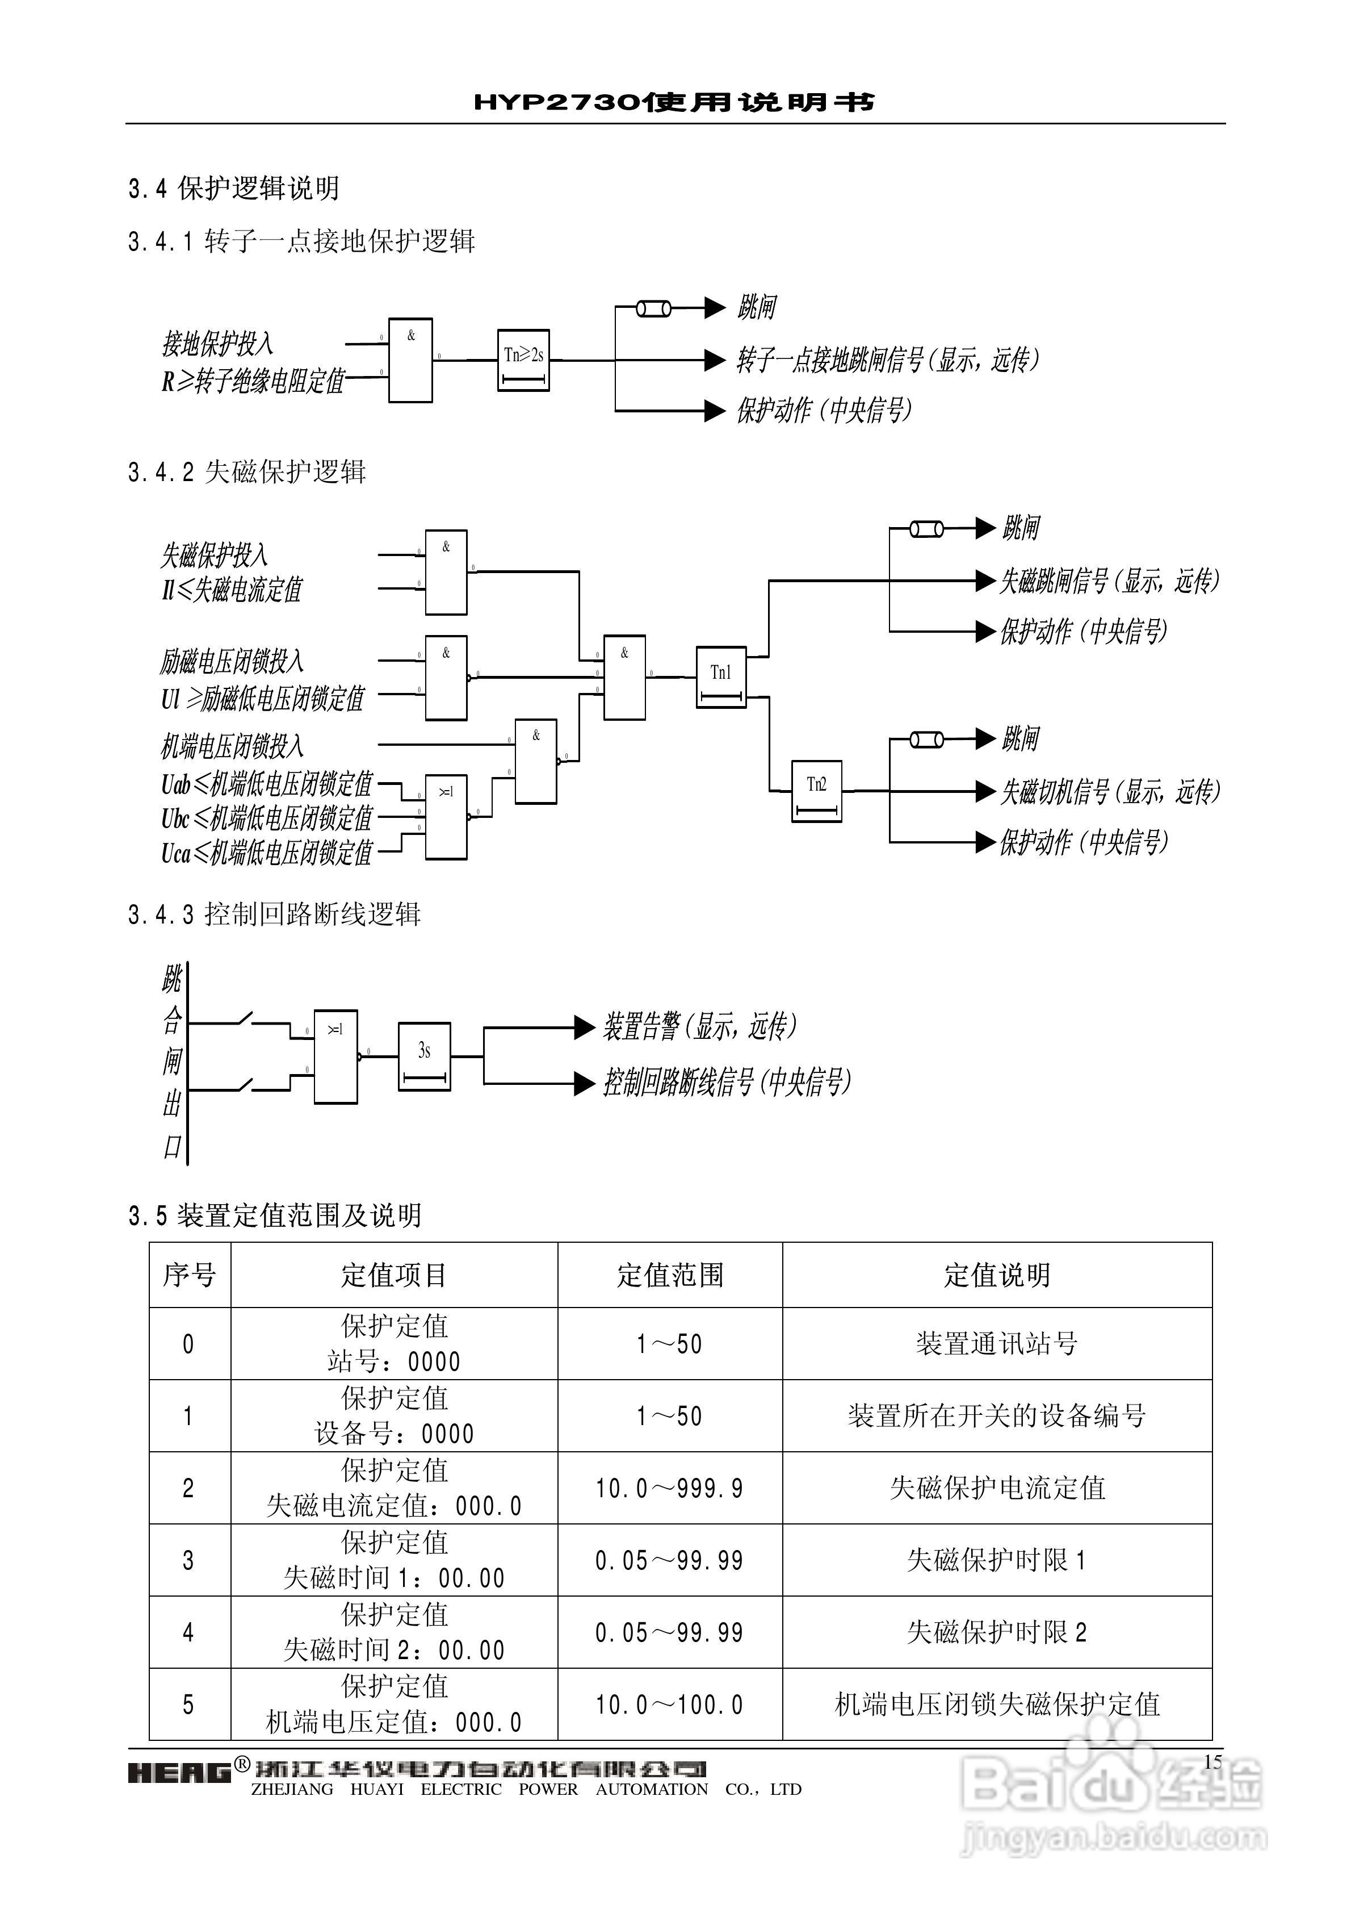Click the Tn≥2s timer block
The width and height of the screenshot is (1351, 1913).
[x=523, y=360]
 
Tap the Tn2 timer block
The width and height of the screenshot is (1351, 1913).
[x=816, y=791]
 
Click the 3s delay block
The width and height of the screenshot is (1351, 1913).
[x=424, y=1056]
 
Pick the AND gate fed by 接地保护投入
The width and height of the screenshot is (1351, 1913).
[x=410, y=360]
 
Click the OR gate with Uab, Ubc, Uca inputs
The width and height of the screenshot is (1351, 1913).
[x=446, y=817]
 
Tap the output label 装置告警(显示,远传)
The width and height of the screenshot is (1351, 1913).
[x=700, y=1026]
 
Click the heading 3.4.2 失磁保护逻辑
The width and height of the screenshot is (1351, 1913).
[x=247, y=473]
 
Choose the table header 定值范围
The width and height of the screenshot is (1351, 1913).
[x=670, y=1275]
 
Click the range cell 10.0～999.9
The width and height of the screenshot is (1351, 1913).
[x=670, y=1487]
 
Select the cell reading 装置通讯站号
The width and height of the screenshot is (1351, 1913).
[x=996, y=1343]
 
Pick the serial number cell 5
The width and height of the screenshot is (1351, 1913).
[x=189, y=1704]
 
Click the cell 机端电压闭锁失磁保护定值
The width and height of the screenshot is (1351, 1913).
[x=996, y=1704]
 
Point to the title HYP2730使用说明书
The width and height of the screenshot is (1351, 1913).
[x=675, y=102]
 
